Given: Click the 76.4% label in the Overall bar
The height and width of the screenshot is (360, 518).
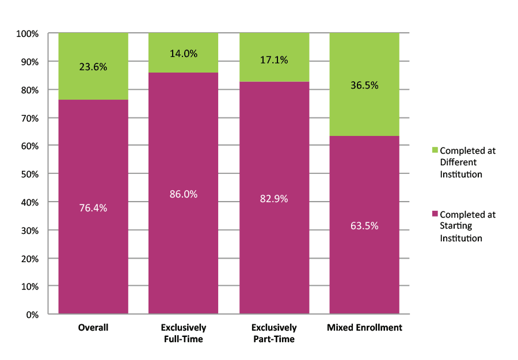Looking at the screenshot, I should tap(93, 207).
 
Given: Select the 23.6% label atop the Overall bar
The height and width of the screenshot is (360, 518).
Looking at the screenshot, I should tap(93, 66).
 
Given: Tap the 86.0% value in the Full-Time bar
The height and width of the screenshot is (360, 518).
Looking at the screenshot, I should tap(184, 194).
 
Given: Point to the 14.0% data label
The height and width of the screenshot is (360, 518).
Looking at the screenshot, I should tap(184, 54).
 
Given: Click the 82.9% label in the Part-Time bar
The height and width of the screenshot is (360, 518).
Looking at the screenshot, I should tap(274, 199).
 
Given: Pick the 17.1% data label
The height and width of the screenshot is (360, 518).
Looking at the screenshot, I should tap(274, 59).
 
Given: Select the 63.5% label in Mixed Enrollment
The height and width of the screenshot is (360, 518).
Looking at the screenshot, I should tap(364, 226).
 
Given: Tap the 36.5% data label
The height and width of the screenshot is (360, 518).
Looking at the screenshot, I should tap(364, 85).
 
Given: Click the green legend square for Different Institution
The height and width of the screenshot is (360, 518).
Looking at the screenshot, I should tap(435, 150).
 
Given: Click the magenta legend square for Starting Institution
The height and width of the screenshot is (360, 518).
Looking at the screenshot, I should tap(435, 214).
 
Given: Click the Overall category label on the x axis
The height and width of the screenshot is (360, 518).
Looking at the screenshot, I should tap(93, 328).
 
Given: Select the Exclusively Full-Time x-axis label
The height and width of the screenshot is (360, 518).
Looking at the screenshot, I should tap(184, 333).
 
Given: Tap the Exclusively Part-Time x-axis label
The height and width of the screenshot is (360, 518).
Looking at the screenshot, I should tap(274, 333).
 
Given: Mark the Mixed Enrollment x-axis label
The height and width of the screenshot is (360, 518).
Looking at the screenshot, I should tap(364, 328).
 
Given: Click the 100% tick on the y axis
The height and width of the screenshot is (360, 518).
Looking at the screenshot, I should tap(27, 34).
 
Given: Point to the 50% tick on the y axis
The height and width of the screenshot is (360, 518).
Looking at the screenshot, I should tap(29, 174).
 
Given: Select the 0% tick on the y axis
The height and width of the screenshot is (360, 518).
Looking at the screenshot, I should tap(32, 314).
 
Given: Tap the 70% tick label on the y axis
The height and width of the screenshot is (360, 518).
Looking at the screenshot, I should tap(29, 118).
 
